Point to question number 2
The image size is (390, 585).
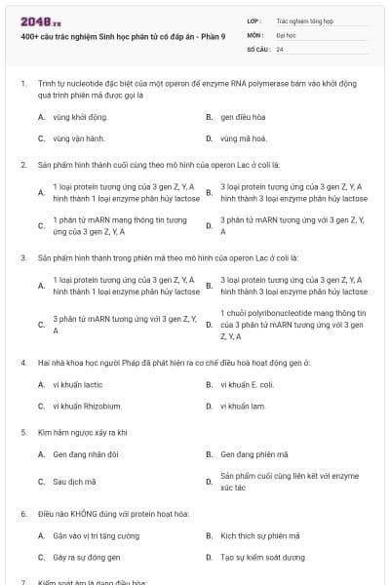tap(22, 164)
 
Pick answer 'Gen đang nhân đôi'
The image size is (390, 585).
tap(83, 454)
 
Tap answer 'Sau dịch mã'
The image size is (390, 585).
tap(73, 481)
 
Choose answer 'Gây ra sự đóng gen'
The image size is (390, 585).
tap(87, 557)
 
